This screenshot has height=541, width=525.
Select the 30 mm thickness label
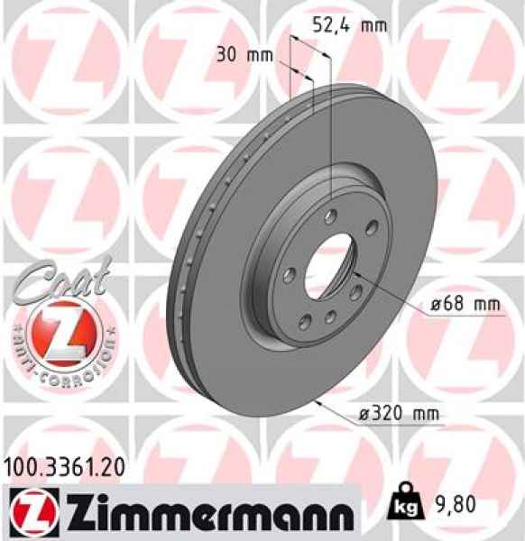point(244,54)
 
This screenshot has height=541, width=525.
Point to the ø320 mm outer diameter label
point(399,414)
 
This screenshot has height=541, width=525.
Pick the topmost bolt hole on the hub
point(330,216)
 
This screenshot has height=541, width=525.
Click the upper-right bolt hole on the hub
point(370,233)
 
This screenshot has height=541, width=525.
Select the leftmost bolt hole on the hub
point(288,273)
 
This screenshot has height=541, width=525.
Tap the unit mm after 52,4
point(373,25)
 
